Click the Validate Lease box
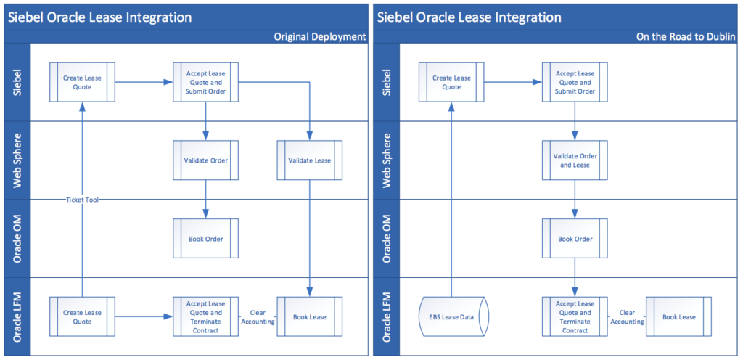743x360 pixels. (x=310, y=160)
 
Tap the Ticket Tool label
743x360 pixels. (x=82, y=200)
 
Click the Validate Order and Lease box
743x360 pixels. (x=575, y=160)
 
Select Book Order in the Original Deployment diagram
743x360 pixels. (x=205, y=238)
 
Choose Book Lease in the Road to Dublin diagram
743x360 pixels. (x=678, y=316)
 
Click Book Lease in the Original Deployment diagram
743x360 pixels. (x=310, y=316)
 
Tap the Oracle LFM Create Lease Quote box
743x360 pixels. (x=82, y=316)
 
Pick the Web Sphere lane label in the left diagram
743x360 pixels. (x=17, y=160)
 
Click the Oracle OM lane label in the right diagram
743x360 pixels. (x=387, y=238)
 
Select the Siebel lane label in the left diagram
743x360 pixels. (x=17, y=82)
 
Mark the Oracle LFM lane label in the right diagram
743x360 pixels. (x=387, y=316)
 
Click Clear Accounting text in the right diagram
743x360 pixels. (x=627, y=316)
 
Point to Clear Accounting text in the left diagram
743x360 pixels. (x=258, y=316)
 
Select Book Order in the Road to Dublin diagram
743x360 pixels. (x=575, y=238)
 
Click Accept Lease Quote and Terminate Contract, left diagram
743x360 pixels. (x=205, y=316)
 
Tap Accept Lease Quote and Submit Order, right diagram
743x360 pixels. (x=575, y=82)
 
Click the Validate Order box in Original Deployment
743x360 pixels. (x=205, y=160)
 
